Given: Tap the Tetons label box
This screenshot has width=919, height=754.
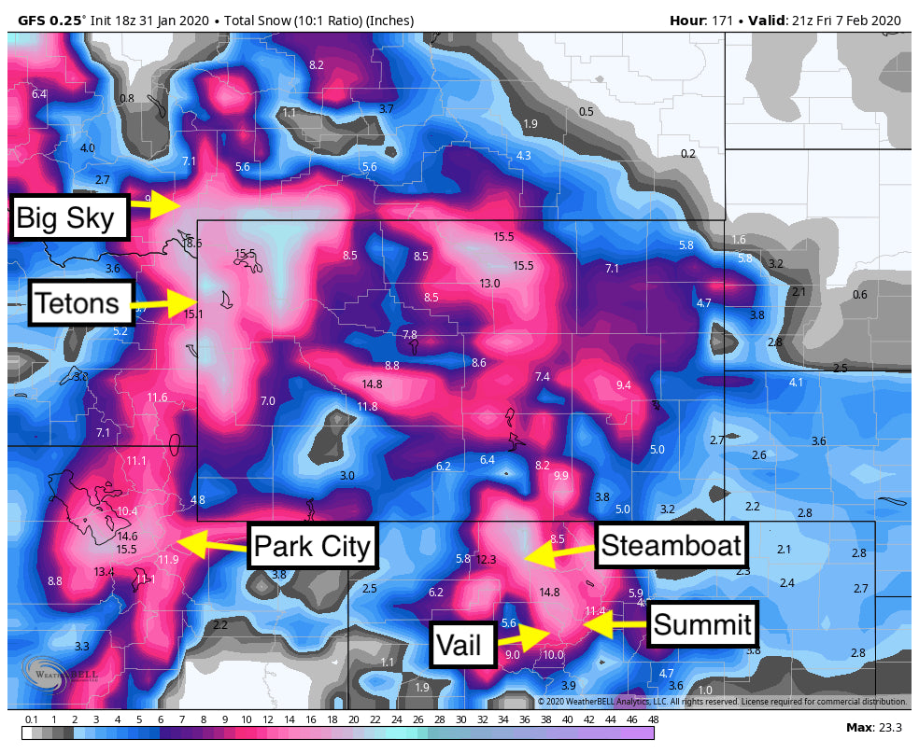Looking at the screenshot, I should tap(78, 302).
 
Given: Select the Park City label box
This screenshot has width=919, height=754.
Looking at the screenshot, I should tap(313, 545).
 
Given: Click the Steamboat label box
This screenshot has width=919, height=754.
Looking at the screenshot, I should tap(671, 545).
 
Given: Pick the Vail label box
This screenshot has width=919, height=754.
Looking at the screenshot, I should tap(462, 644).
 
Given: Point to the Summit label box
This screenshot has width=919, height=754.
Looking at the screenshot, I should tap(701, 623).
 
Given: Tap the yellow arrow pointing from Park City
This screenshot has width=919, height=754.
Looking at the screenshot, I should tap(210, 541).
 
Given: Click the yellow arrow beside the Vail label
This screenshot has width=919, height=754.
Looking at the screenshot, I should tap(523, 638).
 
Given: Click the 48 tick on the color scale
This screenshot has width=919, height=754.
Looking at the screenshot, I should tap(653, 719).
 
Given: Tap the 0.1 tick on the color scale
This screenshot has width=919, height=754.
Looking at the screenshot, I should tap(32, 719).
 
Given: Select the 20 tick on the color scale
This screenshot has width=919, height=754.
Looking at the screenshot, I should tap(354, 719).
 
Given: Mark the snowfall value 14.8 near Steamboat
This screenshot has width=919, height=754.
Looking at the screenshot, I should tap(549, 592).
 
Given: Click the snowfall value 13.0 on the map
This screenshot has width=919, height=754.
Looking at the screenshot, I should tap(489, 283).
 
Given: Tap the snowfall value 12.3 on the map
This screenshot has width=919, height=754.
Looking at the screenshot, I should tap(486, 560).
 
